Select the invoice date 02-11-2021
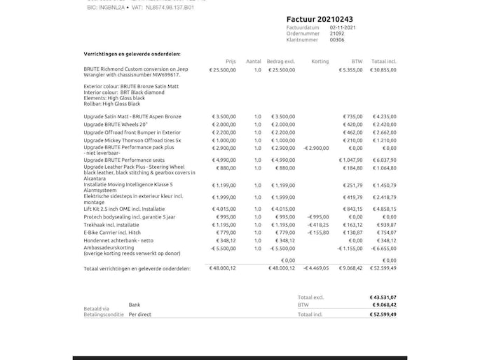pyautogui.click(x=343, y=27)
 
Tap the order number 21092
pyautogui.click(x=337, y=33)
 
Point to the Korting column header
pyautogui.click(x=320, y=62)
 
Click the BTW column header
pyautogui.click(x=357, y=62)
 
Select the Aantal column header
pyautogui.click(x=254, y=62)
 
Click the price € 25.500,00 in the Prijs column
pyautogui.click(x=223, y=70)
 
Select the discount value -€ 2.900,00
pyautogui.click(x=316, y=148)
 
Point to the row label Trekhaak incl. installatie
pyautogui.click(x=111, y=225)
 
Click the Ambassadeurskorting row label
pyautogui.click(x=109, y=248)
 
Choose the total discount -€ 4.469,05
pyautogui.click(x=316, y=268)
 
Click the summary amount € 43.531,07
pyautogui.click(x=383, y=298)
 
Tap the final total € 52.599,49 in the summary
pyautogui.click(x=383, y=314)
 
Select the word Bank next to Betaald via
pyautogui.click(x=135, y=305)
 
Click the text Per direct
pyautogui.click(x=140, y=314)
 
